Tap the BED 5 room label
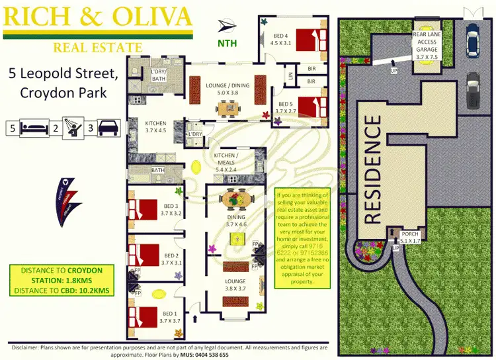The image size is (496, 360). pos(285,107)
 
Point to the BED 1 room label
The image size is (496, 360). pos(169,318)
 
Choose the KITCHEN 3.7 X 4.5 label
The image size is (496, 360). pos(157,126)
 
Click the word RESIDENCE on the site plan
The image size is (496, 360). pos(373,169)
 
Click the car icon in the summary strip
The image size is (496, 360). pos(108,128)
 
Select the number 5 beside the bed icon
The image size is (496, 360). pos(12,128)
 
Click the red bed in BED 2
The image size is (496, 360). pos(144,255)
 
